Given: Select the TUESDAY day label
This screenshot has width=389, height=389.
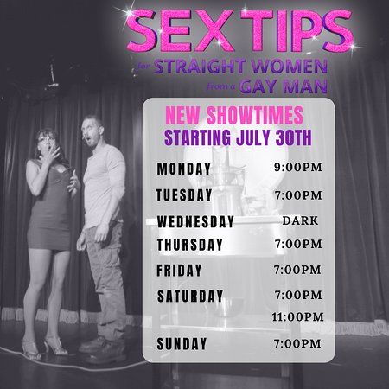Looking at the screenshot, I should click(x=185, y=195).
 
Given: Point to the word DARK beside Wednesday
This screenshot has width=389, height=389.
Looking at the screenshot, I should click(x=300, y=220).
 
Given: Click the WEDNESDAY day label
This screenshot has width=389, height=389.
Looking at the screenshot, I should click(x=195, y=221).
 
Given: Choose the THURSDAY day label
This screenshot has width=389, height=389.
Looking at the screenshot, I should click(x=190, y=245).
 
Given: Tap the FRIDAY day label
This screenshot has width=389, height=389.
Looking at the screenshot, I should click(x=179, y=271).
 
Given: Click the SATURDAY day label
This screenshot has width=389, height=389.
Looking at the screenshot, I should click(x=190, y=296).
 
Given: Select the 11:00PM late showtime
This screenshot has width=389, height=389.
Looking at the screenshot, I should click(x=297, y=317).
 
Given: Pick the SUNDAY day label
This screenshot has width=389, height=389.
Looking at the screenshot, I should click(x=182, y=344).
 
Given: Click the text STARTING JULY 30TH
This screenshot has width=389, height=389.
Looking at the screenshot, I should click(x=233, y=135).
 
